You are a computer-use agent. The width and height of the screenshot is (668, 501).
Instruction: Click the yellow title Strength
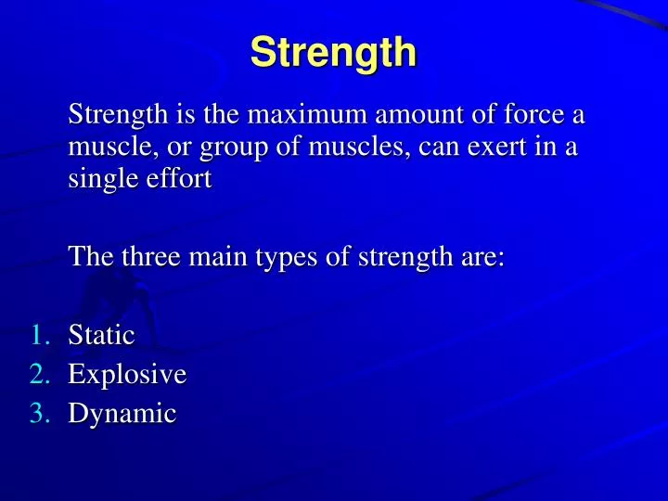pos(333,52)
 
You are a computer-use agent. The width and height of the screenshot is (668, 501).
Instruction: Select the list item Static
pos(101,335)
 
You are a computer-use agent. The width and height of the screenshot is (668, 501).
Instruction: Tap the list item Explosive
pos(127,375)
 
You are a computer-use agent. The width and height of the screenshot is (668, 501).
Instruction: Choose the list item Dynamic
pos(122,415)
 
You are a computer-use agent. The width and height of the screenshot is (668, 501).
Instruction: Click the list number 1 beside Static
pos(38,335)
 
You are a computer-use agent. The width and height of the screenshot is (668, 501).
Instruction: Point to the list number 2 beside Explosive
pos(38,375)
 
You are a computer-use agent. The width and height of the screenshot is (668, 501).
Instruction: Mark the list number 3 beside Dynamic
pos(38,414)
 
